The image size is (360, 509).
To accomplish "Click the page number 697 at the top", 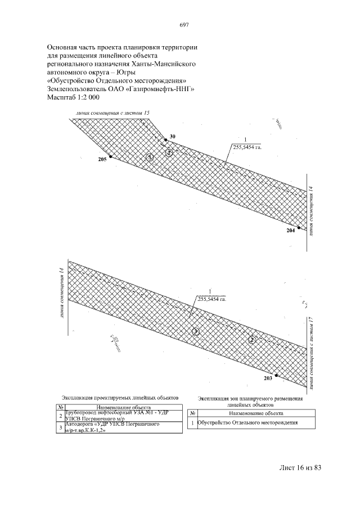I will click(183, 24).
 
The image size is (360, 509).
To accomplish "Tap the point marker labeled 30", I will click(165, 139).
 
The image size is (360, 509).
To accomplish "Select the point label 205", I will click(102, 160).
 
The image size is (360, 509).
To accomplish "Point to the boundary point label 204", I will click(290, 231).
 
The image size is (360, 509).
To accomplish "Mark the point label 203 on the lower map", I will click(267, 378).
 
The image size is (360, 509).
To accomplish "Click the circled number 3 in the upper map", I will click(149, 157).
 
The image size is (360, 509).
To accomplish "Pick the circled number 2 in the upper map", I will click(168, 152).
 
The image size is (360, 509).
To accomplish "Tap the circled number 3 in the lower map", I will click(195, 331).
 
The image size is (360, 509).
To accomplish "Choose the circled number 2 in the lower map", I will click(253, 339).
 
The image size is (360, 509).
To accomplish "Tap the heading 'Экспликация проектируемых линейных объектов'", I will click(120, 398).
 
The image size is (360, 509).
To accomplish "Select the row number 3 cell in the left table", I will click(60, 427).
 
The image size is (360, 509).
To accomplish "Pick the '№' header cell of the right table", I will click(193, 412).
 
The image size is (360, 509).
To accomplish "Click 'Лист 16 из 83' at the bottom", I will click(303, 468).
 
